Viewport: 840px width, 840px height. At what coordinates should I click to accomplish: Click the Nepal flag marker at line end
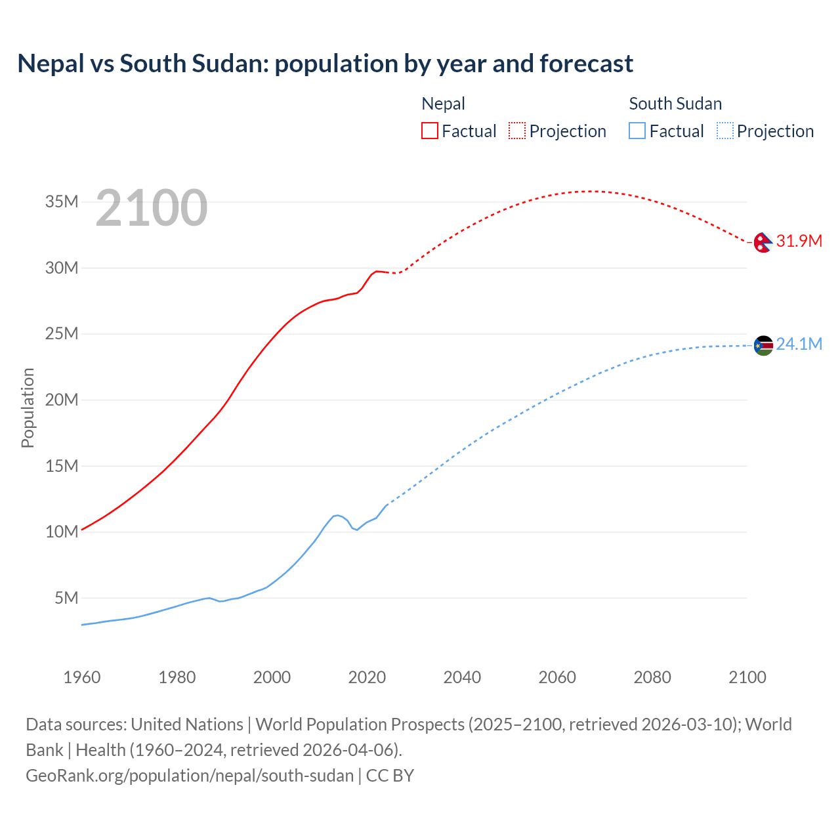pos(763,242)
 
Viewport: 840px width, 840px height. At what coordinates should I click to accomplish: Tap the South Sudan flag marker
pos(763,345)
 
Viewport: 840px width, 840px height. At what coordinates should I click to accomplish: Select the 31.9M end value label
pos(799,241)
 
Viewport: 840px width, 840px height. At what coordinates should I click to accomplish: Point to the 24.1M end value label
pos(799,344)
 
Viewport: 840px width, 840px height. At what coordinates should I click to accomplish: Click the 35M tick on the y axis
pos(62,201)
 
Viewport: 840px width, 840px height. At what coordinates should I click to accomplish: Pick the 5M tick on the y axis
pos(66,598)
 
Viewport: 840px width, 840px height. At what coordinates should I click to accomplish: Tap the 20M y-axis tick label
pos(62,400)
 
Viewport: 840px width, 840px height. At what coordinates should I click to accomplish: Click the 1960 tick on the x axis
pos(82,677)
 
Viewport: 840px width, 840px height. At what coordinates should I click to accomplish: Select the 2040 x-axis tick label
pos(462,677)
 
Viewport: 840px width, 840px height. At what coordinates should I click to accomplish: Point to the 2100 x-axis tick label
pos(747,677)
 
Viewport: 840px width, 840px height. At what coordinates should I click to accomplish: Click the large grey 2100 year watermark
pos(152,208)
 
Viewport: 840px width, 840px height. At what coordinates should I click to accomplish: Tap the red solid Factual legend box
pos(429,131)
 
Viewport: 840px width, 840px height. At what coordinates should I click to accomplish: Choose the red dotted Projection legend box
pos(517,131)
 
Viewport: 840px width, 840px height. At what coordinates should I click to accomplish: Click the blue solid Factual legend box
pos(637,131)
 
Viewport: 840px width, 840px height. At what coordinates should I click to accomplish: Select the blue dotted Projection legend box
pos(724,131)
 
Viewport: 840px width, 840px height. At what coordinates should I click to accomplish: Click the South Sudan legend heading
pos(675,104)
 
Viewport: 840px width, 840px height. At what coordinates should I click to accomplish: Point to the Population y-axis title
pos(28,408)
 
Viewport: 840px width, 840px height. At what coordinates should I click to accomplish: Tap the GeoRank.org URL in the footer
pos(190,775)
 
